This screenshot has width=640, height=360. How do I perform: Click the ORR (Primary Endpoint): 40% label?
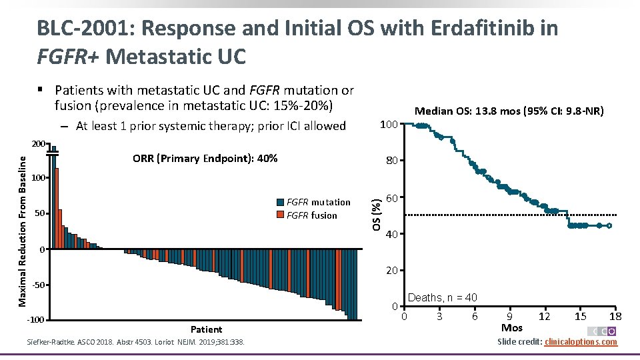point(205,159)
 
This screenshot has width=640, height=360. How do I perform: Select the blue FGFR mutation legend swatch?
point(279,203)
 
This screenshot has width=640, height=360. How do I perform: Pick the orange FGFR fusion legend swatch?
point(279,215)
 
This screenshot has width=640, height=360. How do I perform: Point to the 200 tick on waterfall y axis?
point(39,144)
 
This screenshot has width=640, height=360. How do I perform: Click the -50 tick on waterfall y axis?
point(39,285)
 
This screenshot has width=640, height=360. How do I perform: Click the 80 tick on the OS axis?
point(392,161)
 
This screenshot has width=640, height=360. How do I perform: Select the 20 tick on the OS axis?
point(392,271)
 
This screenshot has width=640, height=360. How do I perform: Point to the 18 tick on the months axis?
point(616,316)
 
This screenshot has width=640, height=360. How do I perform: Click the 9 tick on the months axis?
point(509,316)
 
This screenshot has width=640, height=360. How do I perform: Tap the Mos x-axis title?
point(512,328)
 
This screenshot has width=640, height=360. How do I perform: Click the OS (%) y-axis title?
point(377,213)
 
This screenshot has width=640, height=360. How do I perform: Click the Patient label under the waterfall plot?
point(206,329)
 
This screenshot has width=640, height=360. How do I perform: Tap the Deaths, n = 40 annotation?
point(442,297)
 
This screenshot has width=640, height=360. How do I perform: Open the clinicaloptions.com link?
point(581,342)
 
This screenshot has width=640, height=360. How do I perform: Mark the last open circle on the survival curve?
point(609,226)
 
